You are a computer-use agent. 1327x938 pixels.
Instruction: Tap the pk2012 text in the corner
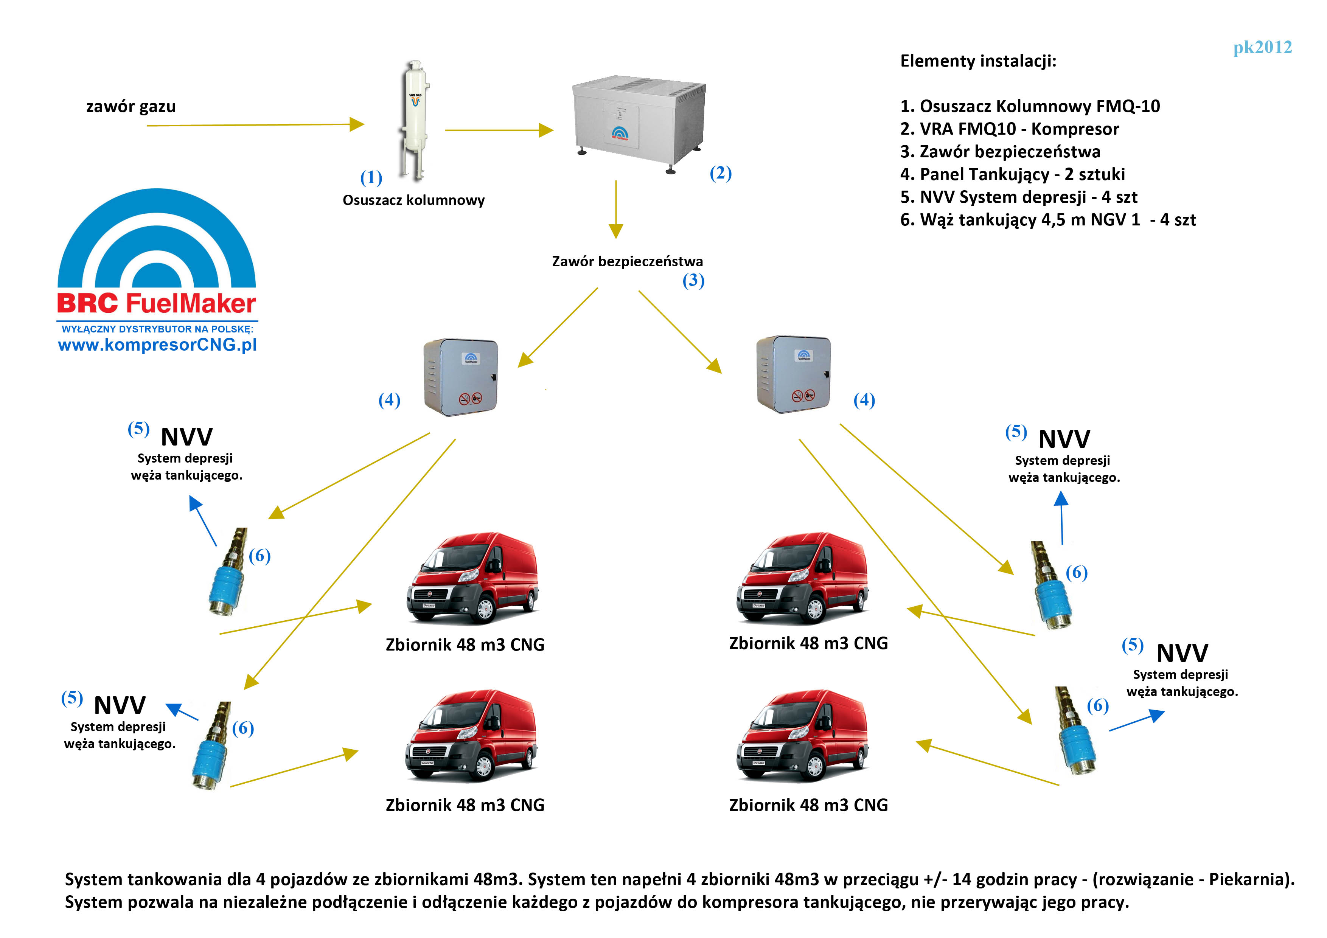point(1262,47)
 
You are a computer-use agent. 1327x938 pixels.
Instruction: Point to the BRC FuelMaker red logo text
point(156,303)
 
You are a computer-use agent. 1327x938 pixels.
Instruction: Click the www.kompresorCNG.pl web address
point(157,345)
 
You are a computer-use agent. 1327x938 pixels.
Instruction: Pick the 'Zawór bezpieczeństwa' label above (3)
point(627,261)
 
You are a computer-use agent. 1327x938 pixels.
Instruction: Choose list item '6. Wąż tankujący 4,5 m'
point(1048,220)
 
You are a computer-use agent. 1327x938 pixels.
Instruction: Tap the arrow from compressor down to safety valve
point(616,208)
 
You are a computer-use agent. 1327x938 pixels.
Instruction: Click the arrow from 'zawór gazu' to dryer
point(254,125)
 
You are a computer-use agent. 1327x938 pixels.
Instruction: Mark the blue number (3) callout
point(693,281)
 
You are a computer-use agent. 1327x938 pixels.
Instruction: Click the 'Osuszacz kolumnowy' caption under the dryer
point(413,200)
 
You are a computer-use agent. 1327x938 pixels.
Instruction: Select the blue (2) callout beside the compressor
point(721,173)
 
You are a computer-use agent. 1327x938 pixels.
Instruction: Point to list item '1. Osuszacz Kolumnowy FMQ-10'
point(1030,106)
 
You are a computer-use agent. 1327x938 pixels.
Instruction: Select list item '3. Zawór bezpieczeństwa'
point(1000,151)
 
